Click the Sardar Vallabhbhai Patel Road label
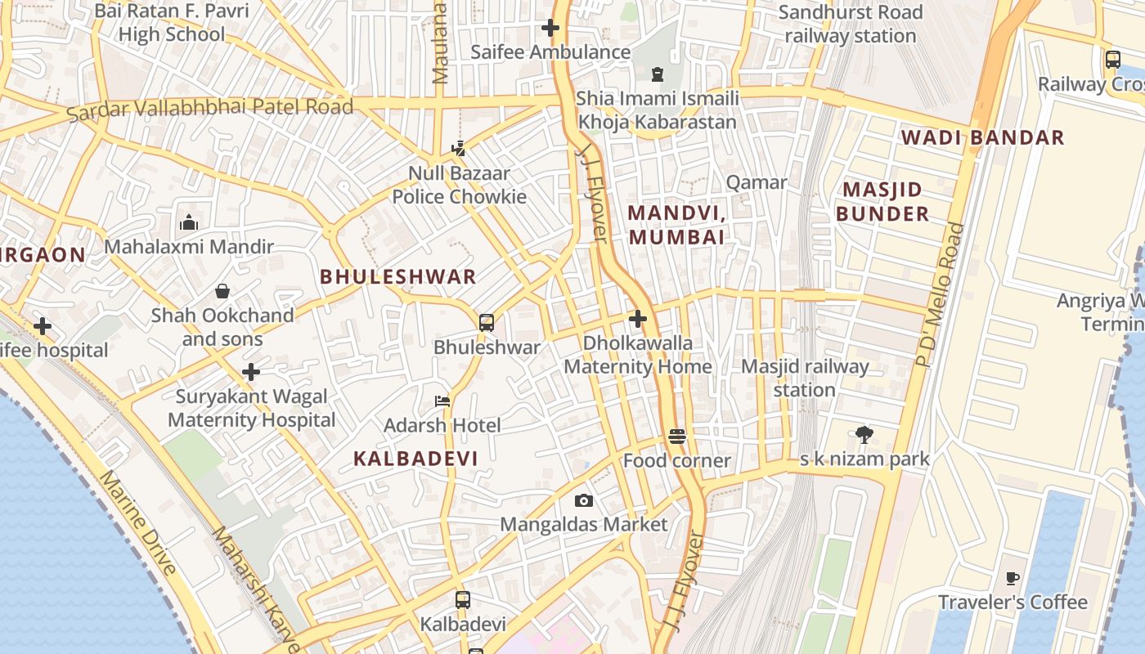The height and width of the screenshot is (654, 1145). pos(210,108)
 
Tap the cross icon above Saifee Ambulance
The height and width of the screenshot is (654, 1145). pos(550,28)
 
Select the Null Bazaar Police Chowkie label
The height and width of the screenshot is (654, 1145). pos(459,185)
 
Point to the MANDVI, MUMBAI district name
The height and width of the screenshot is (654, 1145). pos(676,225)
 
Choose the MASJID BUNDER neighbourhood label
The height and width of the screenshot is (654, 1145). pos(882,202)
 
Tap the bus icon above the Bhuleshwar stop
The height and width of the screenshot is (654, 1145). pos(487,322)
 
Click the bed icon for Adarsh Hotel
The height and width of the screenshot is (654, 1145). pos(442,401)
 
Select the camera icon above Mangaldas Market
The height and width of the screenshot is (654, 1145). pos(583,500)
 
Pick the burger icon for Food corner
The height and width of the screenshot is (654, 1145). pos(676,437)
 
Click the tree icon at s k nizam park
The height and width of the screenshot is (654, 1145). pos(864,434)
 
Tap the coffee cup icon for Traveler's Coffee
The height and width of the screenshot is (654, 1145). pos(1013,578)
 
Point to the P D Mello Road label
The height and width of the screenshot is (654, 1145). pos(941,294)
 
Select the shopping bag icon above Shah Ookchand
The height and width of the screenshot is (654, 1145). pos(222,291)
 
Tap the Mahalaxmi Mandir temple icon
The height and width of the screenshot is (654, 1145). pos(189,222)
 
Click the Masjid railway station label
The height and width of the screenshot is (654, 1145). pos(804,378)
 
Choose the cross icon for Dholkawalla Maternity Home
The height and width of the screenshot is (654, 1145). pos(638,319)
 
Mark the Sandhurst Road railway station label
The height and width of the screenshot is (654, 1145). pos(851,25)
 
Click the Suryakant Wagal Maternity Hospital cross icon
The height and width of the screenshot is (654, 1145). pos(251,373)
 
